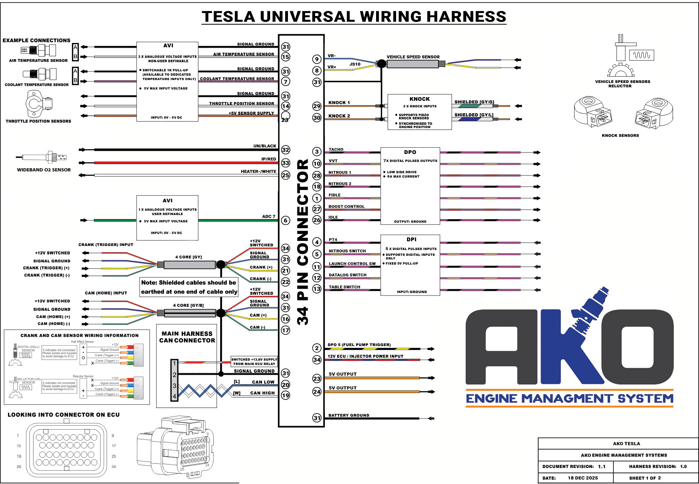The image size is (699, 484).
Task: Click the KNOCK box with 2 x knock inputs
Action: pyautogui.click(x=419, y=112)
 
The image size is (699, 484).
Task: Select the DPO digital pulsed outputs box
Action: pyautogui.click(x=410, y=186)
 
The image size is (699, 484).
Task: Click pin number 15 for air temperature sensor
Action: pyautogui.click(x=286, y=57)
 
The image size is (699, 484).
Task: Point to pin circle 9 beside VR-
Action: pyautogui.click(x=317, y=59)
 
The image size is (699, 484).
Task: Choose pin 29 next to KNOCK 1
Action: pyautogui.click(x=317, y=106)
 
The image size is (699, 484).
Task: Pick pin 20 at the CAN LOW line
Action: pyautogui.click(x=286, y=385)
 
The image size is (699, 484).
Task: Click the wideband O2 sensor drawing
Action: pyautogui.click(x=42, y=158)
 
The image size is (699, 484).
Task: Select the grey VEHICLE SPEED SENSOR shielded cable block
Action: pyautogui.click(x=412, y=64)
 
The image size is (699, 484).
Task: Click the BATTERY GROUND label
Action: pyautogui.click(x=349, y=415)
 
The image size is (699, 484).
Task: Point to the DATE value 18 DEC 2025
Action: pyautogui.click(x=582, y=478)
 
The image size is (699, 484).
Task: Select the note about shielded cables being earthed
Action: pyautogui.click(x=189, y=287)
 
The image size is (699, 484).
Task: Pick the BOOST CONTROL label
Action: pyautogui.click(x=346, y=207)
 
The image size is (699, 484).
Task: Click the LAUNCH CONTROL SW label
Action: pyautogui.click(x=352, y=264)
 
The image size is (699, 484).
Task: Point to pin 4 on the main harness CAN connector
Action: pyautogui.click(x=174, y=396)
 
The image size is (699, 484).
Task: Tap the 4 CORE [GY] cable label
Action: pyautogui.click(x=188, y=257)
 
